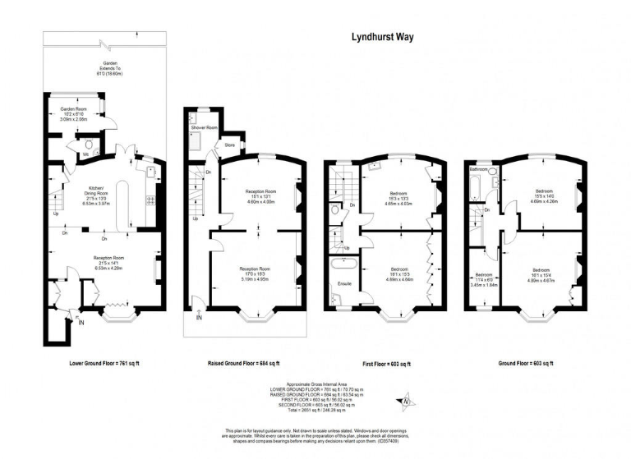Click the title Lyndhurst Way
385,37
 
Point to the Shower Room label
204,127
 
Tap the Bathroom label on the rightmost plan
479,168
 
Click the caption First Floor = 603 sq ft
386,363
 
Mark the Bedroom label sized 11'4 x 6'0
483,275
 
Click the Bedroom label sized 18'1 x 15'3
400,269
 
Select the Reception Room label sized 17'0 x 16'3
256,269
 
